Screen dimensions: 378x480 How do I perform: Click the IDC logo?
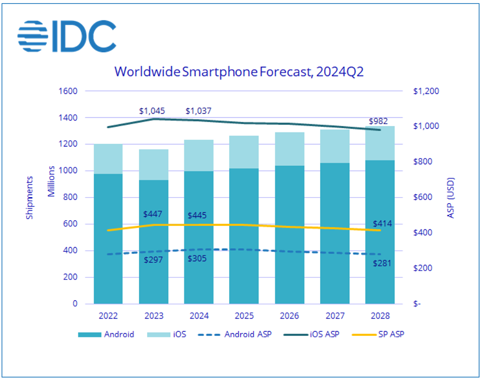click(66, 35)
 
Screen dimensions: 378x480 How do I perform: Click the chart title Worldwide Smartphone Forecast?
click(239, 71)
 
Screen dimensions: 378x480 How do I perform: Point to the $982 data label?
click(377, 121)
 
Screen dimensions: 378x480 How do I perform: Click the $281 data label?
click(380, 263)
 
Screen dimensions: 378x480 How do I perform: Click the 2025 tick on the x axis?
click(244, 316)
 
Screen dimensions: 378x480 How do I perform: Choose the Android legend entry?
click(108, 334)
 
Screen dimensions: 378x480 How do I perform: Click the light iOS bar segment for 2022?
click(108, 159)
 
